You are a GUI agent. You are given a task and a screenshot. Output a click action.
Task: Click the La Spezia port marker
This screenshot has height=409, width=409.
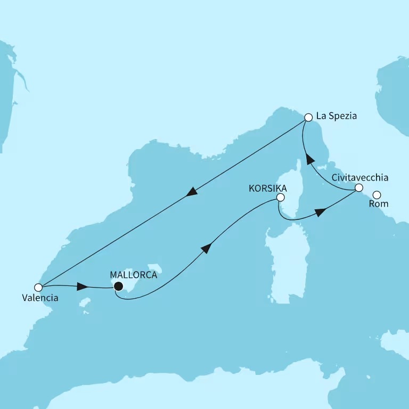point(308,117)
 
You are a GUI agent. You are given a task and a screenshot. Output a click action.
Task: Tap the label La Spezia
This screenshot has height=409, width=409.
point(337,116)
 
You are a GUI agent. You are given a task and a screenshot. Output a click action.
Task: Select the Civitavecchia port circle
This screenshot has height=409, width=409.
point(359,187)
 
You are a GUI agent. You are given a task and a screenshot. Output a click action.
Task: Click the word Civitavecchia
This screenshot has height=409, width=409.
point(359,177)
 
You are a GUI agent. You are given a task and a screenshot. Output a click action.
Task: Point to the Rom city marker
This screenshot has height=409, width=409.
point(377,195)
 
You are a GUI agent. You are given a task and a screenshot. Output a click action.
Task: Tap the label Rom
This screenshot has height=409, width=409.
point(382,204)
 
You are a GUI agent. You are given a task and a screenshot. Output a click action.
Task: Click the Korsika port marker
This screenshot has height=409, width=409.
point(280,198)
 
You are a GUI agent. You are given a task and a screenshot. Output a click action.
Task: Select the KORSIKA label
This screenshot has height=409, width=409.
point(268,188)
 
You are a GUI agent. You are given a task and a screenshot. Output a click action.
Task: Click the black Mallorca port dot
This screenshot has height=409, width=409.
point(119,287)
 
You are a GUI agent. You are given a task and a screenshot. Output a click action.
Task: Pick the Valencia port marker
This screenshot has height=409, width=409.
point(38,287)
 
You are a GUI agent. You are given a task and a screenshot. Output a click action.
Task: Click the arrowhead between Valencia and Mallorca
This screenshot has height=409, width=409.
point(82,287)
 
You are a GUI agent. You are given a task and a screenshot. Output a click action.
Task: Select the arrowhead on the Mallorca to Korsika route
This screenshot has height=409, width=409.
point(207,248)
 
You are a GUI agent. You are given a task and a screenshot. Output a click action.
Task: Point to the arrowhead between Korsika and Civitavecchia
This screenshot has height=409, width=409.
point(320,212)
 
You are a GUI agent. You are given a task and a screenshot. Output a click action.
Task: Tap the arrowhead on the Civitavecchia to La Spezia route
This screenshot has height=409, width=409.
point(309,158)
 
